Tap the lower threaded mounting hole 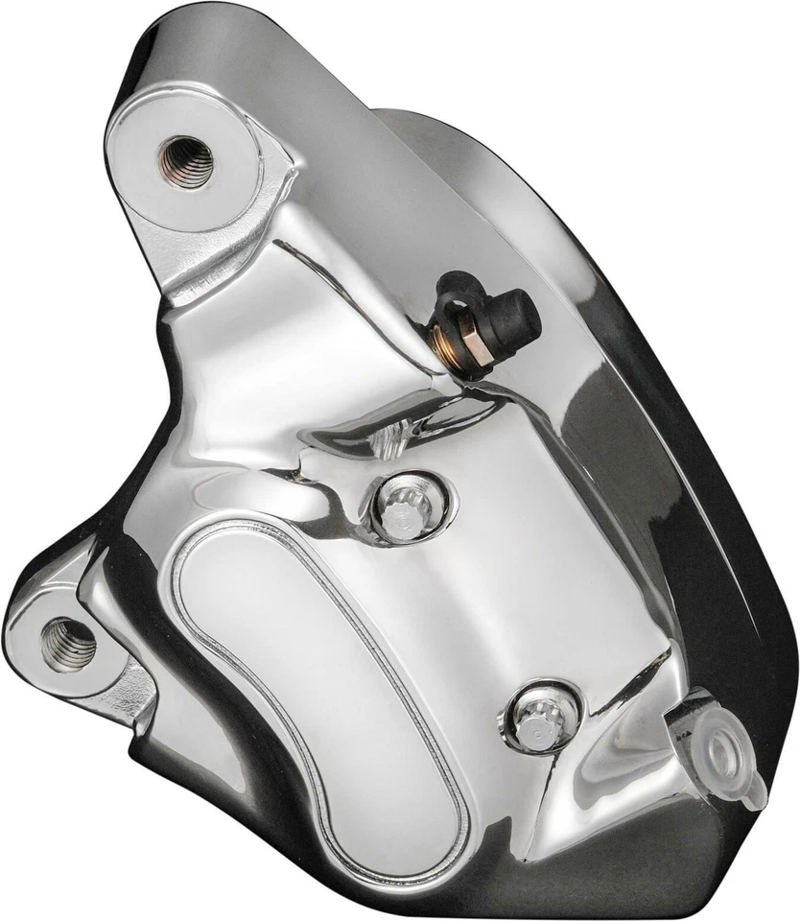point(68,644)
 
